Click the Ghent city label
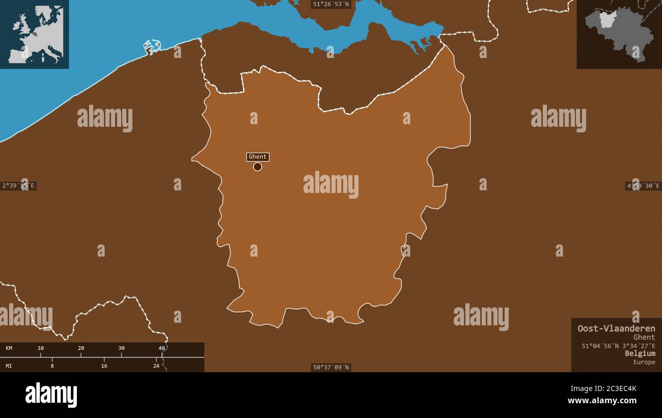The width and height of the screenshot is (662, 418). click(x=258, y=157)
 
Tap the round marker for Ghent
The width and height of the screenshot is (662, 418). click(x=258, y=166)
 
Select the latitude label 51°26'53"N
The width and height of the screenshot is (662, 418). click(x=331, y=4)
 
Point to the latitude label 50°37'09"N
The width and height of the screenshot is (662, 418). click(x=331, y=367)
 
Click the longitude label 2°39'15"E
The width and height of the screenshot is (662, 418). click(x=18, y=186)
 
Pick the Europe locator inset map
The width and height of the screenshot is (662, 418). click(x=35, y=34)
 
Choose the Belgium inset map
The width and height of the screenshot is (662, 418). click(x=619, y=34)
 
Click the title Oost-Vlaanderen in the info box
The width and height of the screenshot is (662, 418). click(x=616, y=328)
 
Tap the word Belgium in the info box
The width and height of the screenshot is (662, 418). click(x=640, y=353)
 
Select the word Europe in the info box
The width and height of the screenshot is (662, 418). click(x=644, y=362)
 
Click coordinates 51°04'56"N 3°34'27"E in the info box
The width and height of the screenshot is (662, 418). click(x=618, y=346)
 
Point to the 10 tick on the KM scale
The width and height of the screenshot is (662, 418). click(x=41, y=348)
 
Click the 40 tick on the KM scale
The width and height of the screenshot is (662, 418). click(x=162, y=348)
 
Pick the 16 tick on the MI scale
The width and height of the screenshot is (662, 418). click(x=104, y=366)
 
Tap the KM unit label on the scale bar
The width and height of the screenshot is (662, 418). click(x=9, y=348)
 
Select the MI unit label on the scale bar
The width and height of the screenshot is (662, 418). click(x=9, y=366)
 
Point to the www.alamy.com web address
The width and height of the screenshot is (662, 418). click(x=602, y=401)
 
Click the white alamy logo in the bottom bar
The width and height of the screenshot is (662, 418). click(x=51, y=395)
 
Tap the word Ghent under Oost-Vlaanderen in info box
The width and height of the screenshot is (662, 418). click(x=644, y=337)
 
